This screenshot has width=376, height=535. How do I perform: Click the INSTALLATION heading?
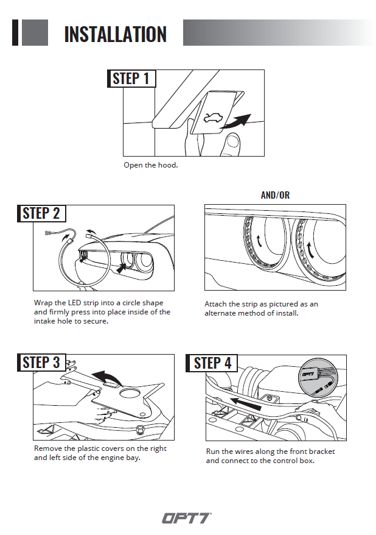tap(115, 34)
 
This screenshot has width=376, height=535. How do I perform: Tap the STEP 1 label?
tap(131, 79)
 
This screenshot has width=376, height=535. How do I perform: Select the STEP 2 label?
tap(41, 213)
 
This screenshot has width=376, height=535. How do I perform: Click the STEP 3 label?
tap(41, 363)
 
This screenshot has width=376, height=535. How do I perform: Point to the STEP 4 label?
tap(212, 363)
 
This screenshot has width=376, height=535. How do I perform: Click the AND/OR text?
tap(275, 195)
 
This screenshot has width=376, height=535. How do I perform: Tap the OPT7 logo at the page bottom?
tap(186, 518)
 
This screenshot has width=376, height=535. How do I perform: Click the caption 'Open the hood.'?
tap(151, 165)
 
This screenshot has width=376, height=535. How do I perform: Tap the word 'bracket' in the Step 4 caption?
tap(320, 452)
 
